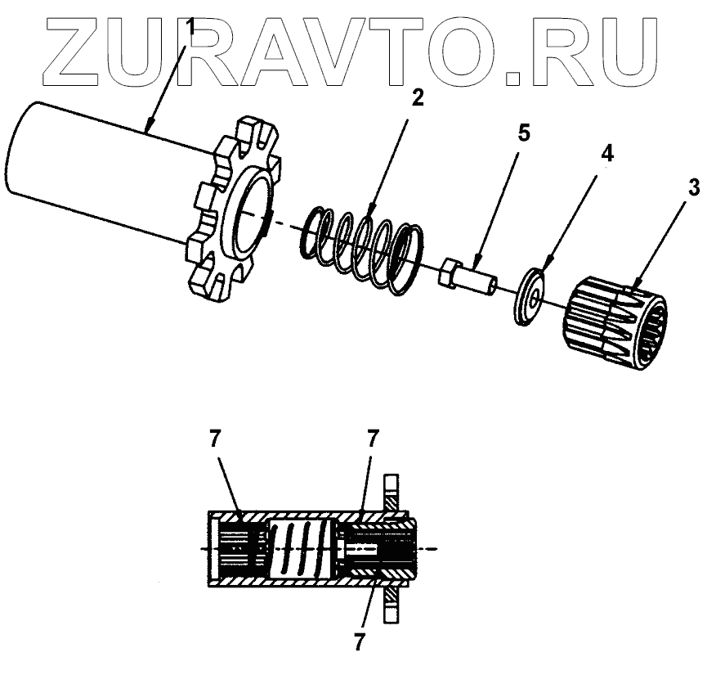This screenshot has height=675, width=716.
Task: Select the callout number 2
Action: point(418,98)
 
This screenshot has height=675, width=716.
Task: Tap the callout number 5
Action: point(524,133)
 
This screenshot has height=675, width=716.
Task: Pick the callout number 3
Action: point(693,187)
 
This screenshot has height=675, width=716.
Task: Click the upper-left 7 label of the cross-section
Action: point(214,439)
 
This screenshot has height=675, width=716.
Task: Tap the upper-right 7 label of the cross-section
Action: point(372,439)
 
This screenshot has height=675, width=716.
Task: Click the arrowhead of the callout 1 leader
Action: point(148,128)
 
